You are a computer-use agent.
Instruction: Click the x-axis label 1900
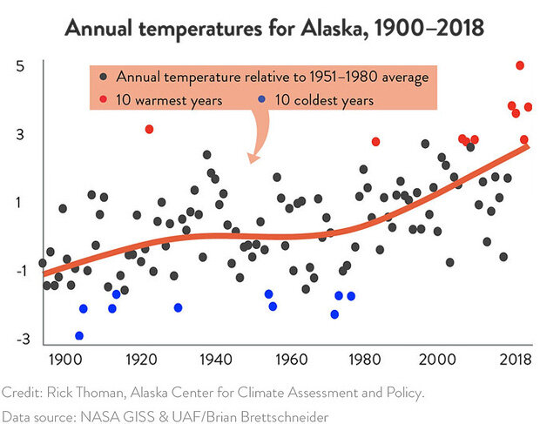click(x=63, y=358)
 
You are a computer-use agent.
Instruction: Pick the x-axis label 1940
click(x=214, y=358)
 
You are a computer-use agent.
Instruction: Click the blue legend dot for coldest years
click(x=261, y=100)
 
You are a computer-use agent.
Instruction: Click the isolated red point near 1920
click(x=149, y=129)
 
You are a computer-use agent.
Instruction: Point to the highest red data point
click(x=520, y=65)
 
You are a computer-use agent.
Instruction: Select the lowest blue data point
click(x=79, y=335)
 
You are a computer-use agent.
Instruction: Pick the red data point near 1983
click(x=375, y=141)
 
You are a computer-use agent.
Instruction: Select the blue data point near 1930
click(x=178, y=307)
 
